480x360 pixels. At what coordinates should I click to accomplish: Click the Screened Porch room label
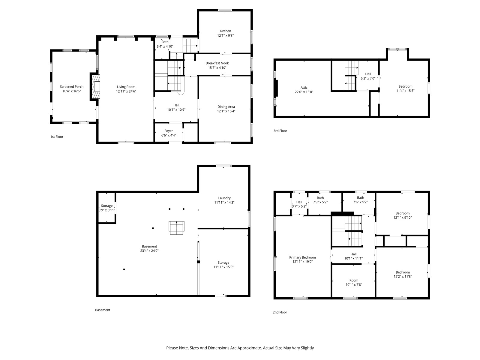tap(72, 87)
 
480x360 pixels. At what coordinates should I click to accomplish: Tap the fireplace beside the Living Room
tap(96, 87)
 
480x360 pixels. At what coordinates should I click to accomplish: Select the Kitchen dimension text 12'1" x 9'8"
tap(225, 35)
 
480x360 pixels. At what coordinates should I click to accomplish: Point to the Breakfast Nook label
tap(217, 63)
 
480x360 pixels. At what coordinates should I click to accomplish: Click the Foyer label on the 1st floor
tap(169, 131)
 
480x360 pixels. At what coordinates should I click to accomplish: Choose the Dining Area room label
tap(226, 107)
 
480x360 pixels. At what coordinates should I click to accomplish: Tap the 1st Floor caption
tap(57, 136)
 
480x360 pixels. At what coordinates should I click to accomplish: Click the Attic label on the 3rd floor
tap(304, 87)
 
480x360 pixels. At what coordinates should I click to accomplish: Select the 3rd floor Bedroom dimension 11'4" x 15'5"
tap(405, 91)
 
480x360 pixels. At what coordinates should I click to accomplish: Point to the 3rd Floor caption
tap(280, 131)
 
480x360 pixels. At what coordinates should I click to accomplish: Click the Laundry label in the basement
tap(224, 198)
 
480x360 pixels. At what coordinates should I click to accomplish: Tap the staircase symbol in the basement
tap(176, 228)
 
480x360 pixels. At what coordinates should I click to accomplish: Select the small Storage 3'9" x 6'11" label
tap(107, 208)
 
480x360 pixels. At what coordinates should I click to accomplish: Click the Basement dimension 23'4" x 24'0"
tap(149, 251)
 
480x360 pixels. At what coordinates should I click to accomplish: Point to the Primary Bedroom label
tap(302, 257)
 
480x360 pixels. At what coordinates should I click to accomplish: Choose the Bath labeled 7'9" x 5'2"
tap(320, 200)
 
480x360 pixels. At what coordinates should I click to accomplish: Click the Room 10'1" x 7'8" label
tap(354, 282)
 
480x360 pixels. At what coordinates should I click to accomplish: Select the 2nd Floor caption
tap(280, 312)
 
